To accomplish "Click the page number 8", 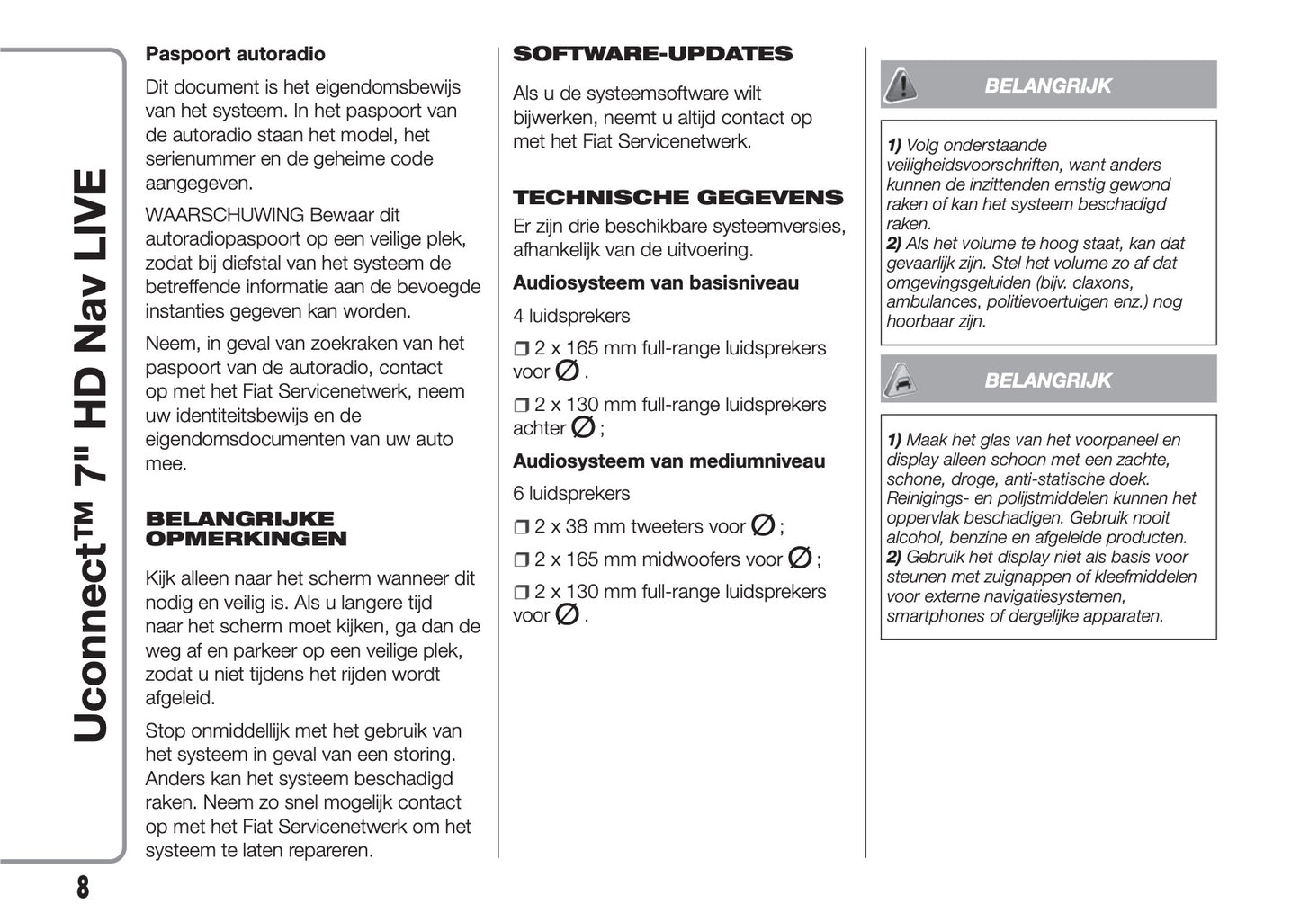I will pyautogui.click(x=83, y=887).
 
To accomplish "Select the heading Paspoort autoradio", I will pyautogui.click(x=235, y=54).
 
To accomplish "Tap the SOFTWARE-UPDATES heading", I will pyautogui.click(x=652, y=54).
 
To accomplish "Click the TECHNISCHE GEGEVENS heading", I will pyautogui.click(x=677, y=197).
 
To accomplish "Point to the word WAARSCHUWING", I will pyautogui.click(x=224, y=215).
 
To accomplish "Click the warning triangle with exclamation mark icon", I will pyautogui.click(x=900, y=85).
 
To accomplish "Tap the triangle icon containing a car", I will pyautogui.click(x=900, y=380).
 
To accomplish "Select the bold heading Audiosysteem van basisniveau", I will pyautogui.click(x=655, y=282).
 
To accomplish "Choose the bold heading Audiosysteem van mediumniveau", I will pyautogui.click(x=668, y=461).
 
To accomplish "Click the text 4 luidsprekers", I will pyautogui.click(x=571, y=316).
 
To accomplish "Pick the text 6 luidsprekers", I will pyautogui.click(x=571, y=493).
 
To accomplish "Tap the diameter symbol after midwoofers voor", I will pyautogui.click(x=799, y=559).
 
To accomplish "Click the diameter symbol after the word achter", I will pyautogui.click(x=583, y=428).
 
